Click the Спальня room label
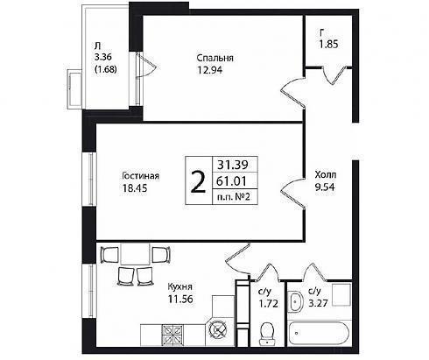point(214,58)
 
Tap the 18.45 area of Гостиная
point(135,188)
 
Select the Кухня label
point(180,286)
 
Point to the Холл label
point(326,175)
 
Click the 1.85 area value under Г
point(328,45)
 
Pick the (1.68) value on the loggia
point(106,69)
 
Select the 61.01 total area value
point(231,181)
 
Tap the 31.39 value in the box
point(232,165)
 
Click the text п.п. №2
point(234,197)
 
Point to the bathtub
point(319,334)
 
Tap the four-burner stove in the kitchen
point(172,335)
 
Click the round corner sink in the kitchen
point(219,330)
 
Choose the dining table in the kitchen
point(135,253)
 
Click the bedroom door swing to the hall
point(292,93)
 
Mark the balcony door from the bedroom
point(146,66)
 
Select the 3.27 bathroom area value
point(318,303)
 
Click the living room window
point(91,179)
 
